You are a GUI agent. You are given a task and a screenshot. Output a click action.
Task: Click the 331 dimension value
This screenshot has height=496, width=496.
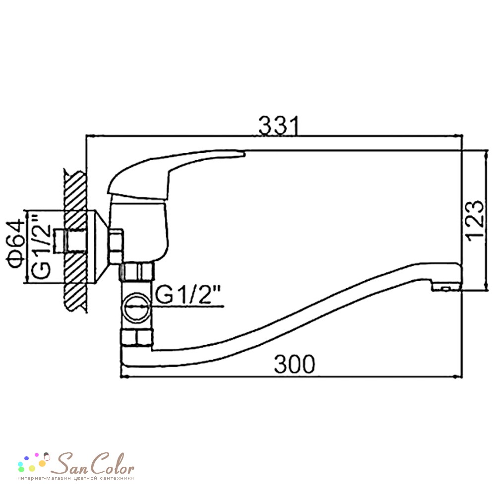pos(278,126)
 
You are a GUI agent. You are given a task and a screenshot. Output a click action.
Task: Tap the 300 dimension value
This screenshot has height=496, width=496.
pos(295,365)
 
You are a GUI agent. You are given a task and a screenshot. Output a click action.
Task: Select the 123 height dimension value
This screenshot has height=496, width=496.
pos(476,221)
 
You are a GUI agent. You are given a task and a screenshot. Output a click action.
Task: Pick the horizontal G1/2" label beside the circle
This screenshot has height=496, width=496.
pos(188,295)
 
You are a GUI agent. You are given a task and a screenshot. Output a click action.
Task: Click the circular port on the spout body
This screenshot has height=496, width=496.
pos(136,308)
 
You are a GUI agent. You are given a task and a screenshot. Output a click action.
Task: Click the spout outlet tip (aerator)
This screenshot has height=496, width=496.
pos(445,287)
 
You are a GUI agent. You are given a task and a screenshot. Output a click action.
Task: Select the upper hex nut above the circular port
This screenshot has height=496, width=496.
pos(137,272)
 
